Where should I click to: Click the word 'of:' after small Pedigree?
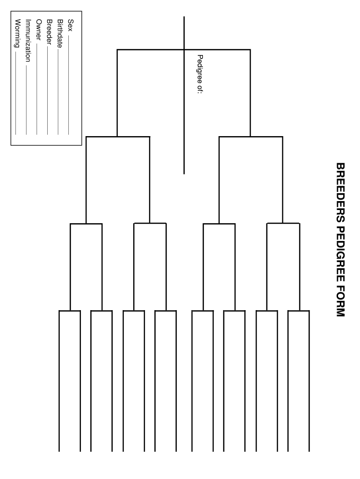pos(200,89)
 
